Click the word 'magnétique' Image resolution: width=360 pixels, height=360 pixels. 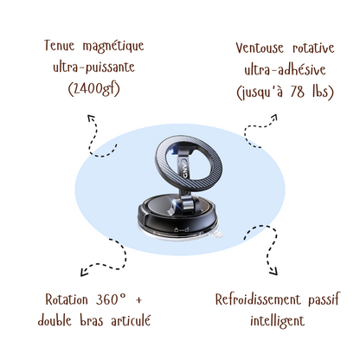pos(113,46)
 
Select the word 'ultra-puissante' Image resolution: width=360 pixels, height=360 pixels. pos(93,67)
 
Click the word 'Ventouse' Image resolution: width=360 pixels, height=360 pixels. pos(260,48)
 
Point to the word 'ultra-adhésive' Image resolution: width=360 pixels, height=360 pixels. pos(285,69)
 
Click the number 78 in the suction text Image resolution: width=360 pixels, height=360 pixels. pos(297,92)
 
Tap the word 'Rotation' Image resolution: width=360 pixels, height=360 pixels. pos(67,299)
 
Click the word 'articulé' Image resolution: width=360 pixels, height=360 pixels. pos(131,320)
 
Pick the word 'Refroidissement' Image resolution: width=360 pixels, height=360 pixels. pos(258,299)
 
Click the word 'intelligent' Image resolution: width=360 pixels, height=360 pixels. pos(277,321)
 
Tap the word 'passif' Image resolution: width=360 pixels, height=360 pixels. pos(325,299)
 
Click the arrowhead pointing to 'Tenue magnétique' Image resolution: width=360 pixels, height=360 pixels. pos(91,118)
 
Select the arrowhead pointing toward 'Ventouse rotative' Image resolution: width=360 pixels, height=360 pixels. pos(274,117)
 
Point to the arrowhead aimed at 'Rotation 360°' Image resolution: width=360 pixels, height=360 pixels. pos(83,273)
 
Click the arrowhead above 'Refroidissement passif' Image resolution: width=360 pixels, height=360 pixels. pos(273,272)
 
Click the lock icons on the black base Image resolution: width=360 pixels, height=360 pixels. pos(182,230)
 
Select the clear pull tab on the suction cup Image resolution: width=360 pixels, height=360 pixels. pos(216,235)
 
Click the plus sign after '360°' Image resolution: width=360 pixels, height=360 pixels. pos(138,300)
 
